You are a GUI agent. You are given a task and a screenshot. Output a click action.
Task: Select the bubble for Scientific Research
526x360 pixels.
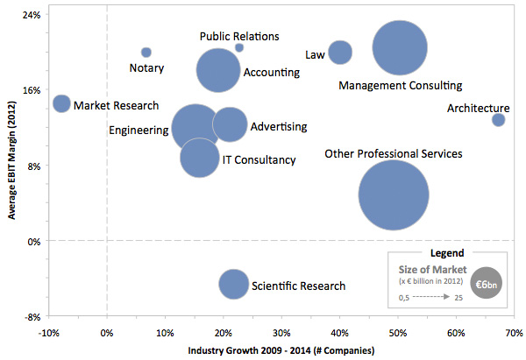(233, 283)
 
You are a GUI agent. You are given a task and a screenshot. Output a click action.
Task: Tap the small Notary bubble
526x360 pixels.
(146, 53)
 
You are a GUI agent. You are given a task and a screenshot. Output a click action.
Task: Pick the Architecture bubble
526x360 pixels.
(498, 119)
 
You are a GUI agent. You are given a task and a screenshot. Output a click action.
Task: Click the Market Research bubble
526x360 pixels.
(61, 103)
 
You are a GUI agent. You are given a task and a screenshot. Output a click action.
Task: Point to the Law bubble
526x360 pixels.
(340, 53)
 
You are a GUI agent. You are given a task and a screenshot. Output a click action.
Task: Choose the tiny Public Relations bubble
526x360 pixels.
(239, 47)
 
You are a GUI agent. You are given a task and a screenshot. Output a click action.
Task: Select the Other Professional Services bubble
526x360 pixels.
(394, 195)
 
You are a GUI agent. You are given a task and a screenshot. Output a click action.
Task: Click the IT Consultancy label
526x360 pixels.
(259, 159)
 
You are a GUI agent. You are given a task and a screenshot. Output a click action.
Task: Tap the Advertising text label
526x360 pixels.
(279, 127)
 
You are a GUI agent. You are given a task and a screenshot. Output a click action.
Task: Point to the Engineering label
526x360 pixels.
(139, 131)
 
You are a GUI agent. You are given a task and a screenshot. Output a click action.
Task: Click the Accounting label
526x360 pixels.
(272, 72)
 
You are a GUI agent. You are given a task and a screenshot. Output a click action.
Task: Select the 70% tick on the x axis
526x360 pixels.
(514, 333)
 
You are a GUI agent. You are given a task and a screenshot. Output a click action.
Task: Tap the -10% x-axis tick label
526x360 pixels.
(48, 333)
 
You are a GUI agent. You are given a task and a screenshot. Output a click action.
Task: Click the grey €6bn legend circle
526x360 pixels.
(487, 285)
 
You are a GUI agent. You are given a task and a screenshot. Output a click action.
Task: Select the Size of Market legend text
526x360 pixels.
(430, 270)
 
